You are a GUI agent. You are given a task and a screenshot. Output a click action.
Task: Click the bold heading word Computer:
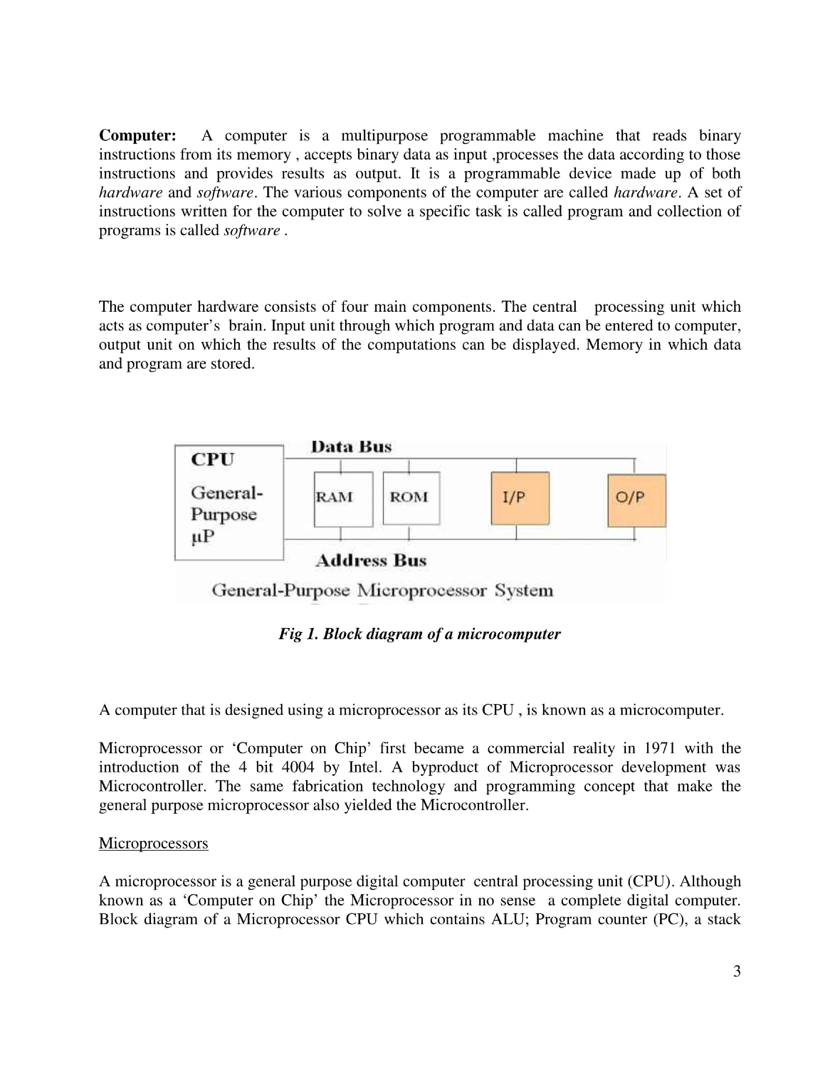(x=138, y=136)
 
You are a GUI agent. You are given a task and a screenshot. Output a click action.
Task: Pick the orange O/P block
(x=636, y=500)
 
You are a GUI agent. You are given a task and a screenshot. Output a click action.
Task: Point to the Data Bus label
(x=351, y=446)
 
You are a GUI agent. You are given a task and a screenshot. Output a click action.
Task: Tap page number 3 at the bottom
(x=736, y=971)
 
